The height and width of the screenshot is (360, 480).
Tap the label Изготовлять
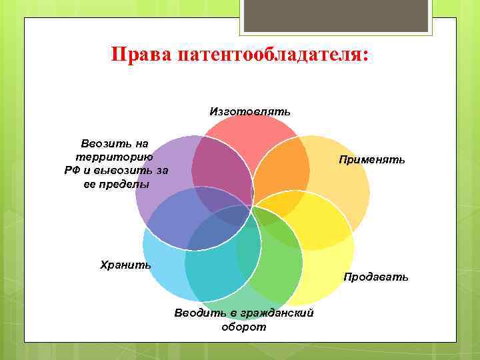pyautogui.click(x=250, y=111)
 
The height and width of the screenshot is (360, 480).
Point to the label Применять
pyautogui.click(x=371, y=160)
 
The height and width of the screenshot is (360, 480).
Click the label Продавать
pyautogui.click(x=376, y=277)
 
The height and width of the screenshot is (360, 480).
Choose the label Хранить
pyautogui.click(x=125, y=265)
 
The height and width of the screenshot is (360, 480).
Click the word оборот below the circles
pyautogui.click(x=243, y=327)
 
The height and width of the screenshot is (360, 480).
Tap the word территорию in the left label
pyautogui.click(x=117, y=157)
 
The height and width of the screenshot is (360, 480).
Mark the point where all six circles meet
pyautogui.click(x=252, y=207)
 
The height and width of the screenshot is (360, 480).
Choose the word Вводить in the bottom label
pyautogui.click(x=193, y=313)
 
